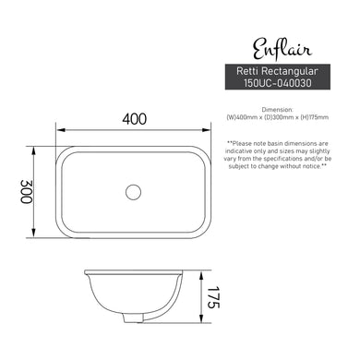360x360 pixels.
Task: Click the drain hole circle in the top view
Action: pos(133,192)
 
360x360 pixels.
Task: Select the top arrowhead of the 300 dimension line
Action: pos(36,146)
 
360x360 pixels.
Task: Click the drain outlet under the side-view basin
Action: pos(133,320)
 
